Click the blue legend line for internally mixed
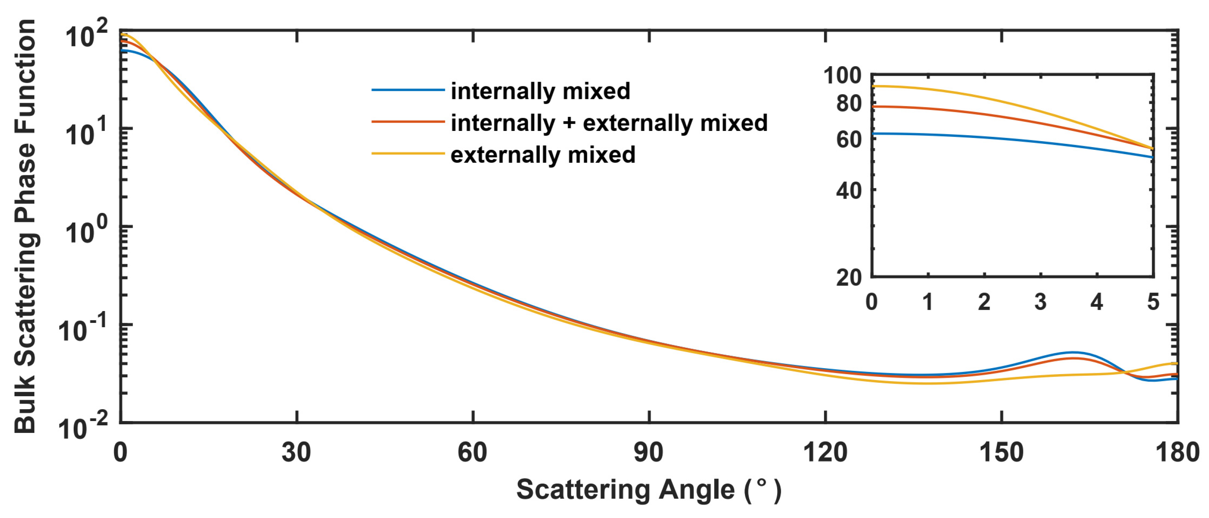pos(408,89)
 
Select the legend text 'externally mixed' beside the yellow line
pos(543,155)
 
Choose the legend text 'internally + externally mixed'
pos(609,123)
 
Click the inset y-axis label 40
pos(849,191)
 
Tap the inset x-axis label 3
pos(1041,302)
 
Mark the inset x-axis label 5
pos(1153,302)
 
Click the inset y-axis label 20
pos(849,278)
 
